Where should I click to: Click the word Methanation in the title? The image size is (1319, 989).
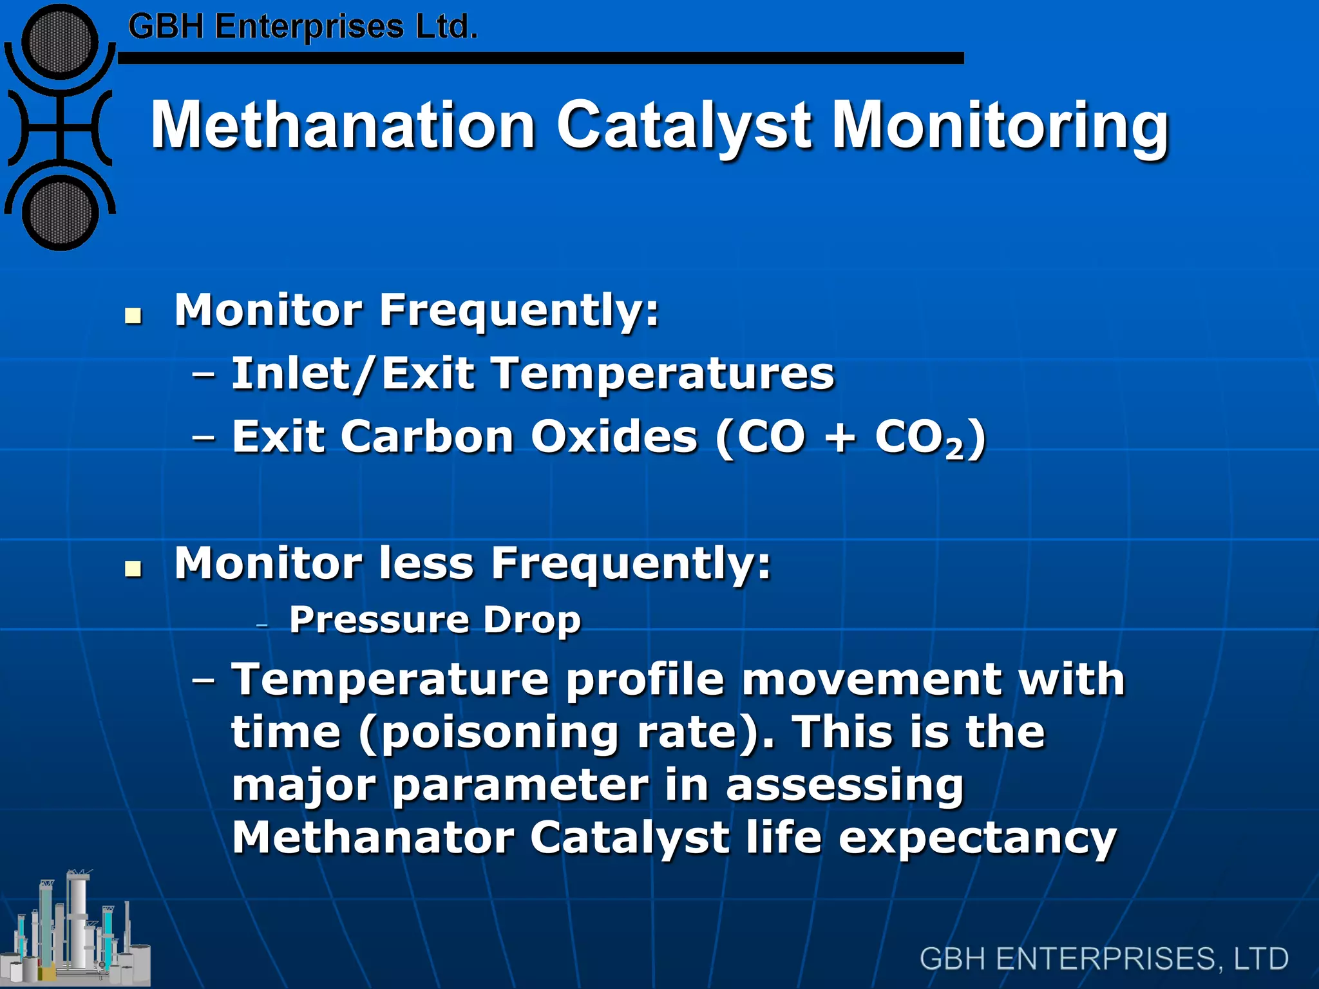point(343,125)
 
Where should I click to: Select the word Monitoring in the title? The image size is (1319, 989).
point(1000,126)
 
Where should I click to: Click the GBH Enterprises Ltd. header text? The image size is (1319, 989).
point(303,27)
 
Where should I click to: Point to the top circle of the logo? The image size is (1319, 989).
point(60,41)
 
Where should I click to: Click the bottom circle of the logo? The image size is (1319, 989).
point(60,213)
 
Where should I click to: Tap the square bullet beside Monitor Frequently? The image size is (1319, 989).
point(133,316)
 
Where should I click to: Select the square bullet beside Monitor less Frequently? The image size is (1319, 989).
point(133,569)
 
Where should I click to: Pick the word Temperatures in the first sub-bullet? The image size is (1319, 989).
point(663,373)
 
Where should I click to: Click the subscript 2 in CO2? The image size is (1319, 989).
point(954,449)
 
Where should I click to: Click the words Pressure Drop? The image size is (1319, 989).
point(435,620)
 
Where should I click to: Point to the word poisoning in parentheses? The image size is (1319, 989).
point(500,733)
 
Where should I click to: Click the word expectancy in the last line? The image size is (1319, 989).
point(977,838)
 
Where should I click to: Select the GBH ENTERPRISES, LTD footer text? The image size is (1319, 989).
point(1103,959)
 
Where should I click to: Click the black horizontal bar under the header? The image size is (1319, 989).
point(541,59)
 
